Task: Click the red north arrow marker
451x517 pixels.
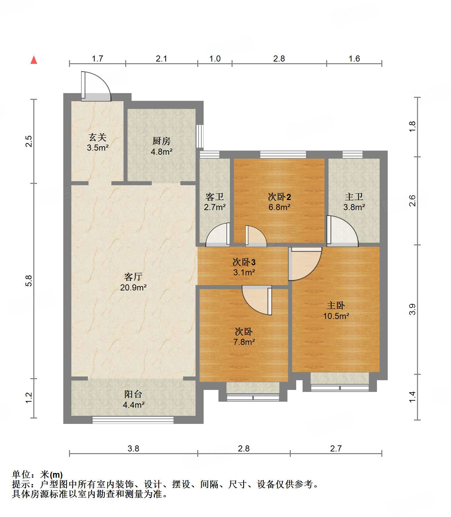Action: pos(34,60)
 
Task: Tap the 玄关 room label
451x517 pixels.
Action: pos(98,142)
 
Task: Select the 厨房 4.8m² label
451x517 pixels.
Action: pos(162,146)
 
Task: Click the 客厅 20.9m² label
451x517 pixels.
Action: pos(133,282)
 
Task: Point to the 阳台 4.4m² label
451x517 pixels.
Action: pos(133,399)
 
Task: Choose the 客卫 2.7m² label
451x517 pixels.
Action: pos(215,202)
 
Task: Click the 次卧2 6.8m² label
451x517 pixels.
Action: pos(279,202)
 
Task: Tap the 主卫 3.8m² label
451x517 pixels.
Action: pos(354,202)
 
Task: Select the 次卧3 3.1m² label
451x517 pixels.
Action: pos(244,267)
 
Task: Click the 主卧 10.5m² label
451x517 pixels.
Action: pos(336,311)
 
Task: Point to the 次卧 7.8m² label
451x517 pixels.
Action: pos(244,337)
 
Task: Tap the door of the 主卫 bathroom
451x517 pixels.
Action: pos(342,231)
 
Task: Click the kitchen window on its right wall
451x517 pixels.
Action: pos(200,136)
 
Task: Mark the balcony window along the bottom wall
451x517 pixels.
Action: pos(133,420)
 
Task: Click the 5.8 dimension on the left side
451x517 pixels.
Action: pos(29,281)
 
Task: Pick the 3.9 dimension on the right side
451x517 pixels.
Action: pos(412,309)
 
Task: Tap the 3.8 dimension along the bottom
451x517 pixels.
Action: pos(133,448)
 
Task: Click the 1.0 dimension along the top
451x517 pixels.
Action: pos(215,59)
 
